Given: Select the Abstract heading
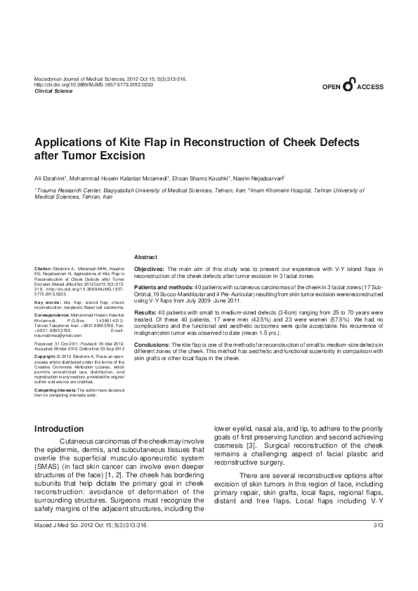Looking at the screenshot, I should pyautogui.click(x=145, y=258).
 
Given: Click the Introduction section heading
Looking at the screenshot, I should pyautogui.click(x=59, y=429).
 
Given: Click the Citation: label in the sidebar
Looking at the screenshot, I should pyautogui.click(x=43, y=269).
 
